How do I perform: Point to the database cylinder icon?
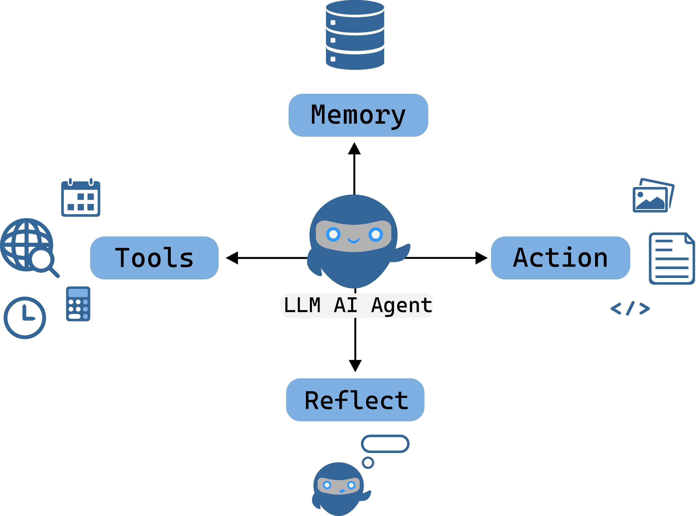355,35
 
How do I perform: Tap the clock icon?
25,318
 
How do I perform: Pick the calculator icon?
78,304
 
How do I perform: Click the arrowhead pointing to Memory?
354,149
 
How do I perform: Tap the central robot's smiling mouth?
354,240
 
